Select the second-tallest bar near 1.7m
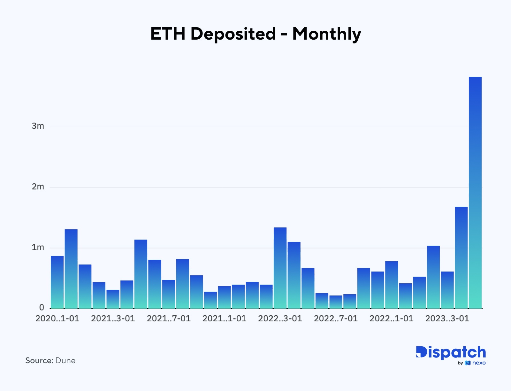point(461,257)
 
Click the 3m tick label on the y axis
point(38,126)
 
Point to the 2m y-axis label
point(38,187)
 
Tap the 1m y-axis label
point(38,248)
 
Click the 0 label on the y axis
point(42,308)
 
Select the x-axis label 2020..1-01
point(57,318)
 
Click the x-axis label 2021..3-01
point(113,318)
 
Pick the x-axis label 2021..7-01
point(169,318)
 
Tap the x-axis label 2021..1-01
point(224,318)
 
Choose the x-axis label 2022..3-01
point(280,318)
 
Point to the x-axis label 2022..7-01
point(336,318)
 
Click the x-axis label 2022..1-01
point(391,318)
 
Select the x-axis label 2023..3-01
point(447,318)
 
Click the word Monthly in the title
point(326,34)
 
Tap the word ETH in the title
point(168,34)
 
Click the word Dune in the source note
point(65,361)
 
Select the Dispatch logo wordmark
point(451,352)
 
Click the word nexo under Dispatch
point(479,363)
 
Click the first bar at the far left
point(57,282)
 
